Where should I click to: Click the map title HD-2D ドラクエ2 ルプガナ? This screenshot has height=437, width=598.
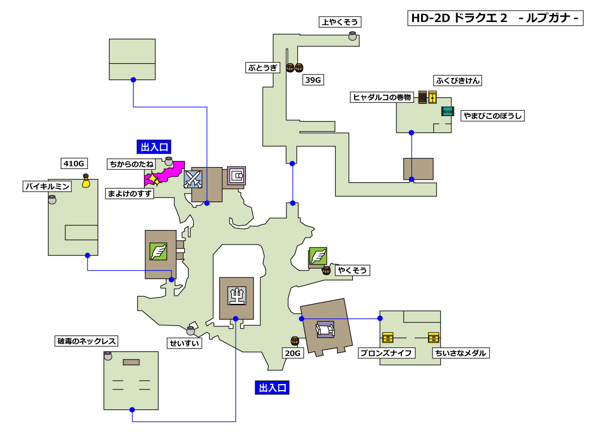[495, 18]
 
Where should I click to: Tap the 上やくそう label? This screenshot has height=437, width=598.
[340, 22]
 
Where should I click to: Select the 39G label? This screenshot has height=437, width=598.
[313, 80]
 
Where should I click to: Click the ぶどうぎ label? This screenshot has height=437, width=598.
[263, 68]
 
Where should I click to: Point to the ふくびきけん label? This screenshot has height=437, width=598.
[458, 81]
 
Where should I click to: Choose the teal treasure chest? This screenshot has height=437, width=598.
[447, 111]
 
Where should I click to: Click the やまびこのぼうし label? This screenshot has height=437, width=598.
[492, 116]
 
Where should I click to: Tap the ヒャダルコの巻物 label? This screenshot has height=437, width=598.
[382, 97]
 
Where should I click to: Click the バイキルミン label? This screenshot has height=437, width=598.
[47, 186]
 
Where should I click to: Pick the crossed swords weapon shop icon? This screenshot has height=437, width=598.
[193, 179]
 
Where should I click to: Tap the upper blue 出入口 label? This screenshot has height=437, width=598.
[154, 147]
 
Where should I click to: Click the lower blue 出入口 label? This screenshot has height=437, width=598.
[272, 388]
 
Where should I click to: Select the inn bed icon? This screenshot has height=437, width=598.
[325, 330]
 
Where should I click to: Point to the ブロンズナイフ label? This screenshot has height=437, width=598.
[386, 353]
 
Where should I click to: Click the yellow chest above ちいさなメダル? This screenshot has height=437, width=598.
[434, 338]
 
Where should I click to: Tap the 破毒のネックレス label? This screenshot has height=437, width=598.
[87, 341]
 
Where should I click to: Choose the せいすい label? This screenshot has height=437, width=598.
[185, 344]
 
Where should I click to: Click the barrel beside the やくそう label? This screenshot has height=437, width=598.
[326, 270]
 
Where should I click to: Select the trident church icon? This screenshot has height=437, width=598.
[237, 296]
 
